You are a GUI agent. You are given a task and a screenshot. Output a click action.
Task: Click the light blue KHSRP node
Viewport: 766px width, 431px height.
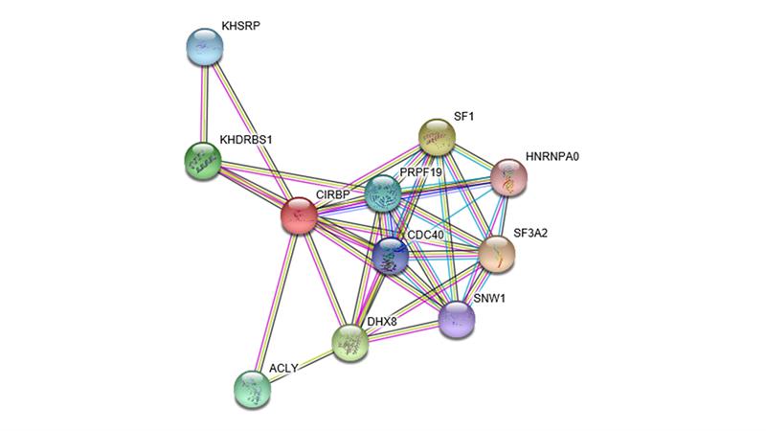coord(203,48)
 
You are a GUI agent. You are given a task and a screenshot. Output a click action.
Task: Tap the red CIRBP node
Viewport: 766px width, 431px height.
coord(300,215)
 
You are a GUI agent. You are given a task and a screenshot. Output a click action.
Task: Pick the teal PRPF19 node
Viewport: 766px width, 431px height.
coord(383,194)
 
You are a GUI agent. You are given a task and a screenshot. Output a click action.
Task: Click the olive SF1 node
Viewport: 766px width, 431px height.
coord(438,138)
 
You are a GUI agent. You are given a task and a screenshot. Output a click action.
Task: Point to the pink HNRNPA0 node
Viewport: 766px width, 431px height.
coord(509,177)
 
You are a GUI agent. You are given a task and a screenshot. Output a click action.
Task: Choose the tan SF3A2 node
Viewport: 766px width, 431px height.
coord(496,253)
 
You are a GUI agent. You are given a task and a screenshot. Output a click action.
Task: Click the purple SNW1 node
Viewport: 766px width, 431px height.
coord(457,319)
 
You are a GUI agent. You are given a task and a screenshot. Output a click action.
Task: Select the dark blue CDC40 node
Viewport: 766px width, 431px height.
coord(391,256)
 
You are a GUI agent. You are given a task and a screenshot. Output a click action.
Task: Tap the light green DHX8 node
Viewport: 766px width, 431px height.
coord(350,340)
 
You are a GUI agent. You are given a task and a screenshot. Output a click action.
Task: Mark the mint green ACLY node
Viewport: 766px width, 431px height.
coord(252,387)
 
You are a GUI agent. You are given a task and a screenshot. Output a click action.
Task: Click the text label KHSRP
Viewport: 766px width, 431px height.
coord(240,27)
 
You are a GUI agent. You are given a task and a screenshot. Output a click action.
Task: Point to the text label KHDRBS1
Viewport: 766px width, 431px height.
coord(246,140)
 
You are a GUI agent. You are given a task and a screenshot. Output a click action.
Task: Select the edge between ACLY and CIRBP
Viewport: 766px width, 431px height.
coord(276,301)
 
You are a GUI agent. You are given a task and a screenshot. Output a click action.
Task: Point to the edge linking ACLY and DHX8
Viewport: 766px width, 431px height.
coord(301,364)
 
